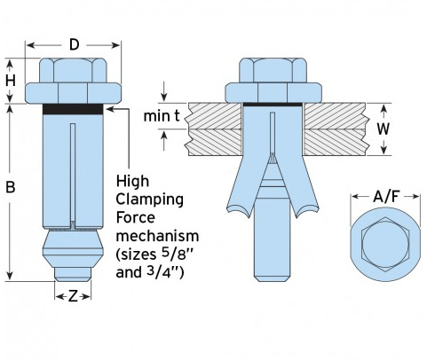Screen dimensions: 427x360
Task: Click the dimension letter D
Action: point(75,45)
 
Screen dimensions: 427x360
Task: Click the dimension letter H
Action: point(11,81)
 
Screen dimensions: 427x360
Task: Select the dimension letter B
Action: point(11,187)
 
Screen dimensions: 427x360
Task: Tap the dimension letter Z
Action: point(73,296)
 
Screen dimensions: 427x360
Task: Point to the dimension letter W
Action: point(384,129)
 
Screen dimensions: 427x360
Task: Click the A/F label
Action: point(386,197)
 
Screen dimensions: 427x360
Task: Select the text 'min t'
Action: point(162,116)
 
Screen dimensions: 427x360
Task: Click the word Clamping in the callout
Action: point(149,200)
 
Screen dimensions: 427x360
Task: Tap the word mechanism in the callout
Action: point(157,236)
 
